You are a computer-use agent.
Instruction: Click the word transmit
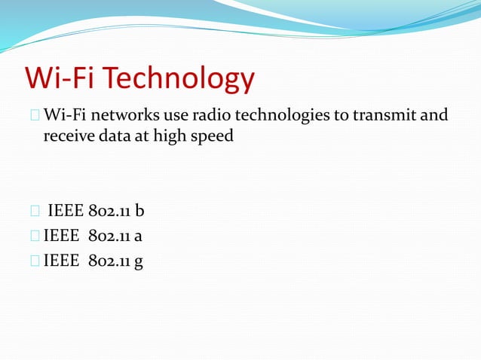pos(384,115)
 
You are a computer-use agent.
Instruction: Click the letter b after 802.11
pos(139,210)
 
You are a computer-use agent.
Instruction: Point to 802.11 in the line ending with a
pos(109,236)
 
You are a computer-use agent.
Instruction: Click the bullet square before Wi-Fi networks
pos(35,116)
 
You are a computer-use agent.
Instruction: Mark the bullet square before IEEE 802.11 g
pos(35,261)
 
